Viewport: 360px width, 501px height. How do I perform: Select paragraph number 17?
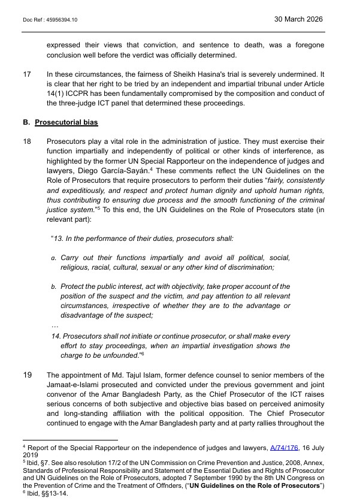(x=27, y=74)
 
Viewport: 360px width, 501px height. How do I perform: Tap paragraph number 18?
(x=27, y=141)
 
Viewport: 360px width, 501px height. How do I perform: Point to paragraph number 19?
(x=28, y=376)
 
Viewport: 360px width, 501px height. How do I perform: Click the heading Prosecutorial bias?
(x=66, y=122)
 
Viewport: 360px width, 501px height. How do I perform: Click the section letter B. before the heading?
(x=26, y=122)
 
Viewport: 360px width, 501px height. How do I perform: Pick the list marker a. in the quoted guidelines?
(x=54, y=258)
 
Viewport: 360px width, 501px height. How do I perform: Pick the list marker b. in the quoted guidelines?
(x=54, y=287)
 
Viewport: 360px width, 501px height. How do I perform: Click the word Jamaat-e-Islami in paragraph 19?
(x=75, y=385)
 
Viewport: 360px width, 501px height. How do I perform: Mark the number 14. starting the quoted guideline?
(x=55, y=336)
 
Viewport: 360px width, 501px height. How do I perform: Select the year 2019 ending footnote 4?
(x=31, y=455)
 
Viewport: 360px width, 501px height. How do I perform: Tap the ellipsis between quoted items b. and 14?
(x=55, y=326)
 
